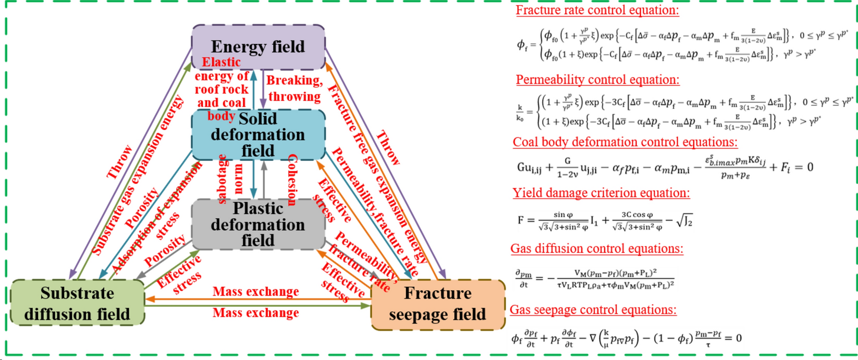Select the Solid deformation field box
coord(258,134)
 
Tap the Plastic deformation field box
coord(258,224)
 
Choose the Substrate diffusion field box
coord(77,303)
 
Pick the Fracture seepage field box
coord(438,304)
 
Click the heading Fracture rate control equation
coord(597,10)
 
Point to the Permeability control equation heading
coord(597,80)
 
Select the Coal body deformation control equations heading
coord(625,142)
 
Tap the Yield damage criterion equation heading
coord(601,193)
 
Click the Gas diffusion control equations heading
coord(597,249)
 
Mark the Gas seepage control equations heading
coord(593,310)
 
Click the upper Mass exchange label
coord(255,291)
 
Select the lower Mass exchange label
coord(255,313)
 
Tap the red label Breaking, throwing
coord(295,89)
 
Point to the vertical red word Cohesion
coord(292,180)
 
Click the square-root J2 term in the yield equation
coord(684,221)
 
